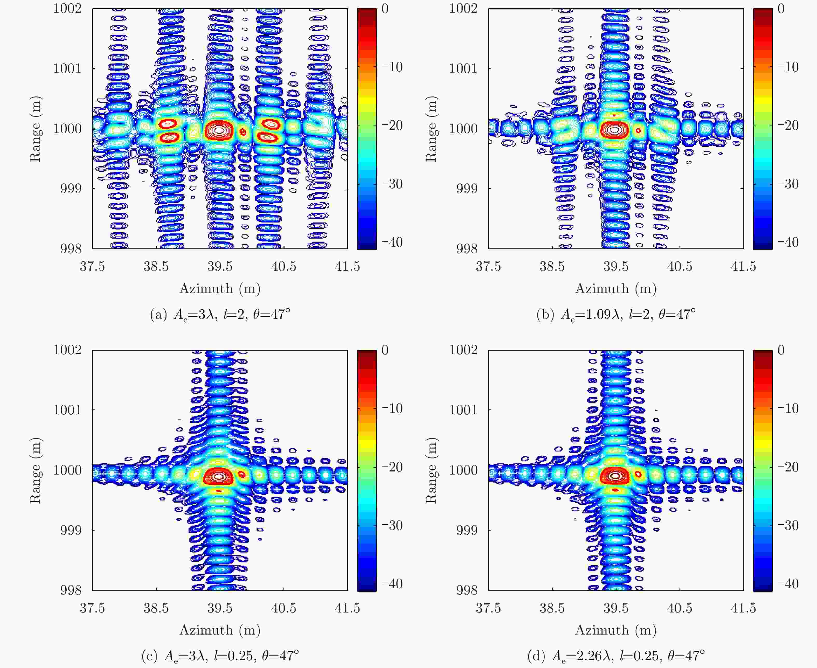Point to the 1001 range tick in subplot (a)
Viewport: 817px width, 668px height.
coord(67,68)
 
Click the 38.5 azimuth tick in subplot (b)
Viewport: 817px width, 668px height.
coord(552,266)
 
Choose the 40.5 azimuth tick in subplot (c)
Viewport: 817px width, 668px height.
coord(284,608)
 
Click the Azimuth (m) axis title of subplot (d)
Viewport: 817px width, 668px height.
coord(616,630)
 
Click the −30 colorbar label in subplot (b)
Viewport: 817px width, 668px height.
coord(788,184)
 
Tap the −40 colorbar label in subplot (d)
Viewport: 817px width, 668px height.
coord(788,584)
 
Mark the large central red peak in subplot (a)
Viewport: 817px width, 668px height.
coord(219,130)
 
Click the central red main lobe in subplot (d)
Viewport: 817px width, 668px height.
coord(615,476)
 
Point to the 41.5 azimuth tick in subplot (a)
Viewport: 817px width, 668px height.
coord(347,266)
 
